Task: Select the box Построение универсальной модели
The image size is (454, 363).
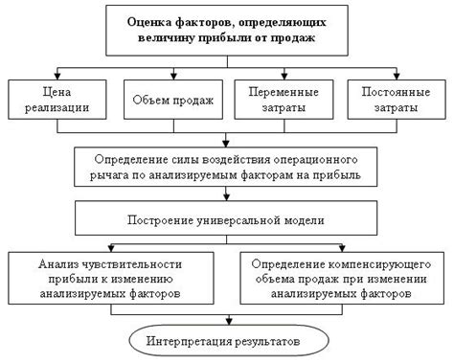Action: tap(226, 220)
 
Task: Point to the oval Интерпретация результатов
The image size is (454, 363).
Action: tap(226, 341)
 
